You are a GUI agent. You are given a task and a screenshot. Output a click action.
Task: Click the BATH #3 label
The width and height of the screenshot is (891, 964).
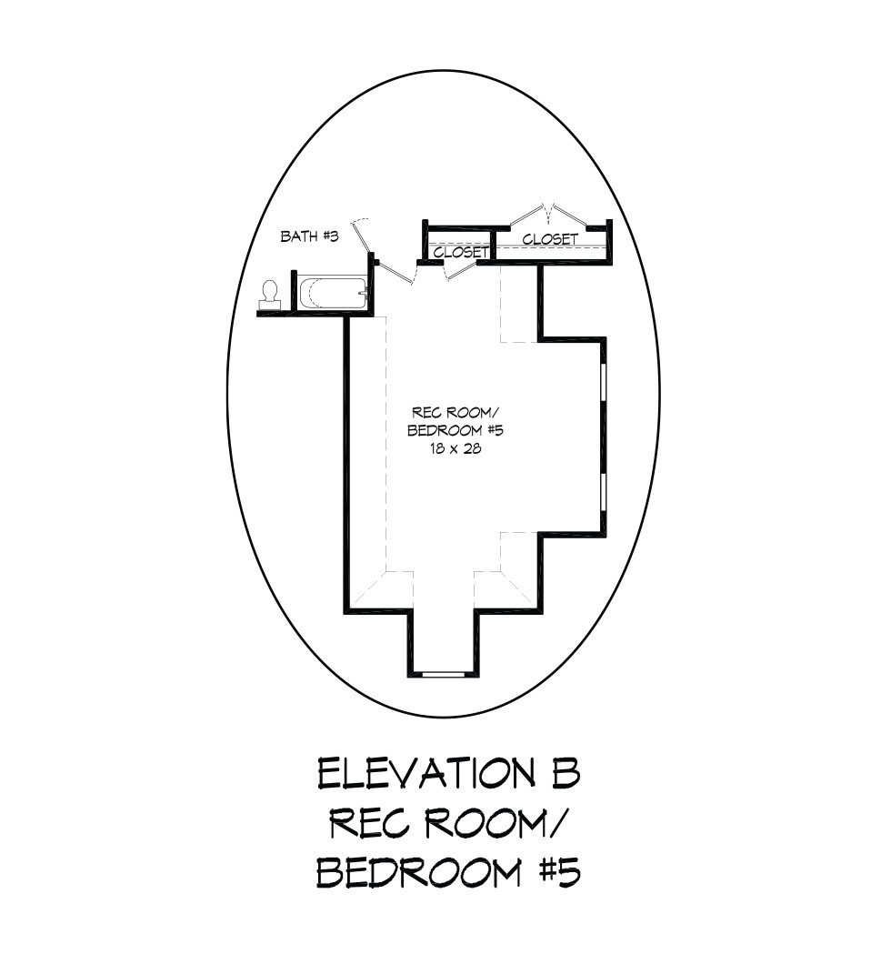pos(309,236)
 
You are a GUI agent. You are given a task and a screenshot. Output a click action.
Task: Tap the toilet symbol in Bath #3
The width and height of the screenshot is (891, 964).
pos(269,295)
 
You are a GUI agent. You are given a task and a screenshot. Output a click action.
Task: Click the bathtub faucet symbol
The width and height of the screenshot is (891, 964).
pos(364,293)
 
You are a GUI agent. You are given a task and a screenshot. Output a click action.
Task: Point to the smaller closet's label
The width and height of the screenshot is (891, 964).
pos(461,252)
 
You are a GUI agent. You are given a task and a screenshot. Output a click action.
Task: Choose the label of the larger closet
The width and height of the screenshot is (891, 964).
pos(550,238)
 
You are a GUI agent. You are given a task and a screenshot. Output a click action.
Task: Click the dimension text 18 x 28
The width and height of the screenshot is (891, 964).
pos(456,448)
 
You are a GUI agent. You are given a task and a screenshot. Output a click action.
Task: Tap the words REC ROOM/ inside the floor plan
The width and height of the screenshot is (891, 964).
pos(456,412)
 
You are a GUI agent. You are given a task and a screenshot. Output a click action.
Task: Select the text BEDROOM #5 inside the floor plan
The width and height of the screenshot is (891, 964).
pos(456,430)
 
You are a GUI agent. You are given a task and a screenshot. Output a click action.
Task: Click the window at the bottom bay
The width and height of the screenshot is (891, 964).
pos(443,675)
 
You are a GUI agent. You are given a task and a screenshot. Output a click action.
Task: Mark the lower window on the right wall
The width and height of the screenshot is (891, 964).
pos(604,492)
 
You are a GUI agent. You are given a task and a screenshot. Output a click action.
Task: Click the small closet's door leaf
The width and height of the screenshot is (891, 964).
pos(462,270)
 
